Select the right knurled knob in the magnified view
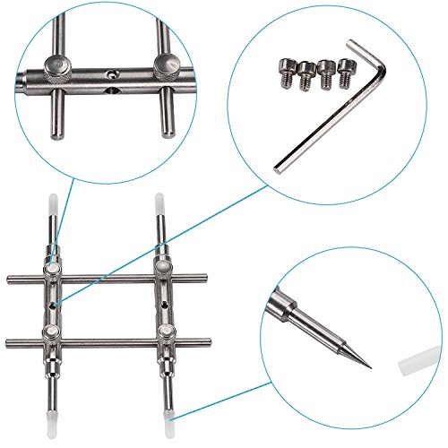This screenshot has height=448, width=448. point(167,64)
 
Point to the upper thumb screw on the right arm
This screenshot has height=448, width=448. point(161,265)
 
